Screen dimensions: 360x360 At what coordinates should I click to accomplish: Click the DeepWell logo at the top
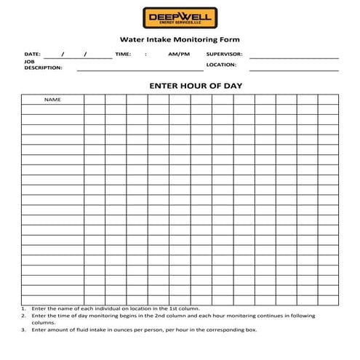point(180,17)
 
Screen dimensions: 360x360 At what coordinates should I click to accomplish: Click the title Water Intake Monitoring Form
point(180,40)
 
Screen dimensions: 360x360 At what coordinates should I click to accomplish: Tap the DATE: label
point(32,55)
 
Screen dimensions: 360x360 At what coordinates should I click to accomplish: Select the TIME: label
point(123,55)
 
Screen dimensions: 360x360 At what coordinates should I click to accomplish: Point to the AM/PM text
point(179,55)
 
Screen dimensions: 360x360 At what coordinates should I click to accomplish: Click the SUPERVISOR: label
point(224,55)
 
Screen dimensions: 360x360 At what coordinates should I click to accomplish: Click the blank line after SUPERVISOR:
point(294,56)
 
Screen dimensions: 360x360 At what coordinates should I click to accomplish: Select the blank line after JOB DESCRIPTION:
point(140,69)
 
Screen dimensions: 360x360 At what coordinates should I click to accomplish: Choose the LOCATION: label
point(221,65)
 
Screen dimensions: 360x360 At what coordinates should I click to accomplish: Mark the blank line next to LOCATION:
point(294,69)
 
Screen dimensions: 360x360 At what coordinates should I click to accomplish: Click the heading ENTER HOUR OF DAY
point(196,85)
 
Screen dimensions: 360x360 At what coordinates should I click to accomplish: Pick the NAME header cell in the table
point(52,99)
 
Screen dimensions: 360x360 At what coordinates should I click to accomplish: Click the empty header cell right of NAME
point(95,99)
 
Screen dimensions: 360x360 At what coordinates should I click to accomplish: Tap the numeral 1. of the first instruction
point(24,308)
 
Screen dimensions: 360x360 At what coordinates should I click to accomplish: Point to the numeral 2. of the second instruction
point(24,316)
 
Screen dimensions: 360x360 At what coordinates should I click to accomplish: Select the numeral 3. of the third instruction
point(24,329)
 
